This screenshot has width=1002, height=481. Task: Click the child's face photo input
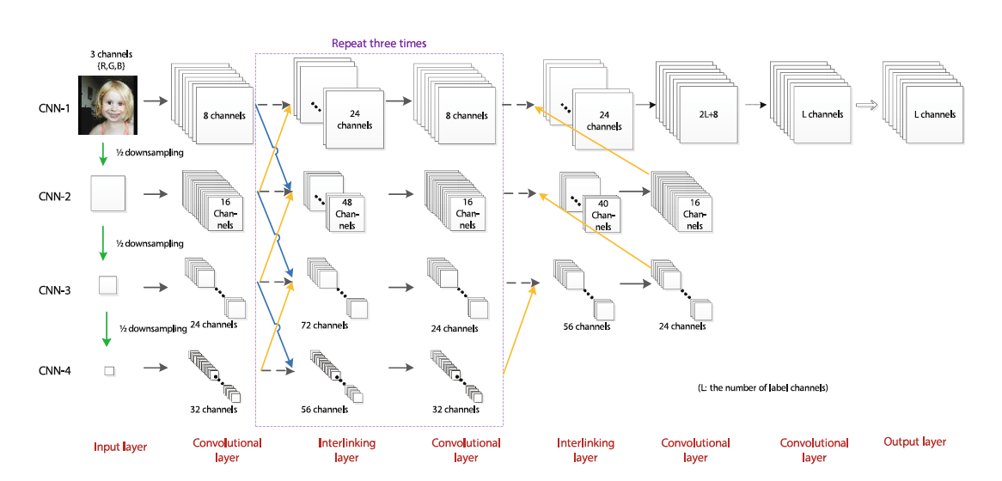click(x=108, y=105)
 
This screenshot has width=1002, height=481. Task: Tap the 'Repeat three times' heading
click(x=379, y=43)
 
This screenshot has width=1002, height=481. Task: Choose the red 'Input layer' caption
click(x=120, y=447)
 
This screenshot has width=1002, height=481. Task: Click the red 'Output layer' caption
click(x=914, y=441)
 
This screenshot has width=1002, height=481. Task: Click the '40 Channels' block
click(x=602, y=215)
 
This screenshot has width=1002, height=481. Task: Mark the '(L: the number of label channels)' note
click(x=762, y=388)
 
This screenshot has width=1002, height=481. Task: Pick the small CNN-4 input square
click(x=109, y=370)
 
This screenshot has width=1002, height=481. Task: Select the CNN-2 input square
click(x=108, y=193)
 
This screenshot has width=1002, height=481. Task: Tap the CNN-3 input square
click(x=108, y=284)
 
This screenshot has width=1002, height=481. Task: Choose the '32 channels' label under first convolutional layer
click(x=213, y=410)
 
